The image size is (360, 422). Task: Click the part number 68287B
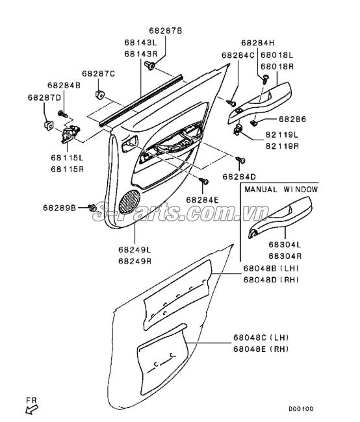[x=166, y=31]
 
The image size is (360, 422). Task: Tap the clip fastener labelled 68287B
[x=150, y=65]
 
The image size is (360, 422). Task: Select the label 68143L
[x=140, y=42]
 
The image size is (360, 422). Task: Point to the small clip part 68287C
[x=99, y=95]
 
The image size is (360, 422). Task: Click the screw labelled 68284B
[x=63, y=114]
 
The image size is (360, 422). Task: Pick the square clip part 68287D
[x=48, y=125]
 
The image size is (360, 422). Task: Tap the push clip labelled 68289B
[x=92, y=208]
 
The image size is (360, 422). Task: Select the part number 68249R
[x=135, y=262]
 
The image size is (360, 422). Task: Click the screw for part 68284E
[x=203, y=180]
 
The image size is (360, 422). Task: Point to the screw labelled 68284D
[x=240, y=160]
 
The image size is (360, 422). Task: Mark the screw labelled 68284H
[x=265, y=80]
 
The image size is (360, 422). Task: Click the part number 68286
[x=292, y=119]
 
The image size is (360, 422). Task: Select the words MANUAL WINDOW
[x=281, y=190]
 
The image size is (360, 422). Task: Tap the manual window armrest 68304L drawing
[x=279, y=217]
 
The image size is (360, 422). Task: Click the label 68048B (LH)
[x=271, y=268]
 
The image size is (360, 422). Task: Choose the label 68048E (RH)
[x=261, y=349]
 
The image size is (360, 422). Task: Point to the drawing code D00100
[x=301, y=409]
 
